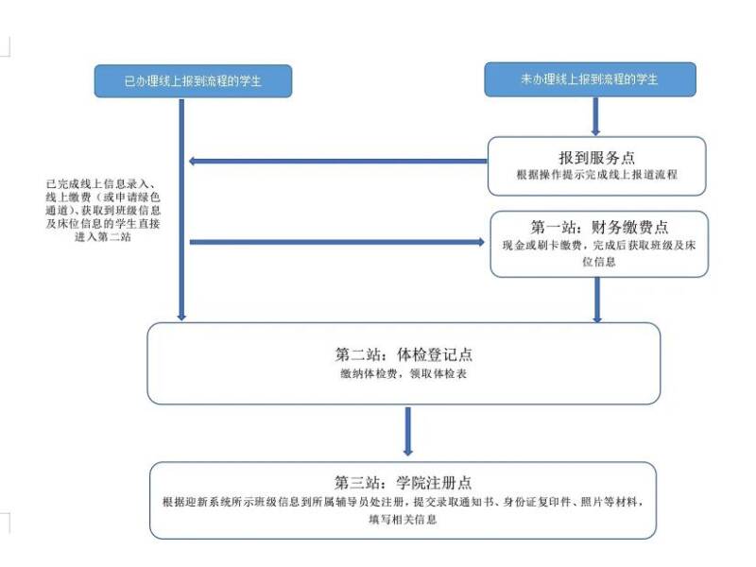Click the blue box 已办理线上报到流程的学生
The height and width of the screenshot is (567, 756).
pos(193,81)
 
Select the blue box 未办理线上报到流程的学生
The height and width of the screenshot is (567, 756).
pos(590,79)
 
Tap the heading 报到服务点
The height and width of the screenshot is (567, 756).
pos(596,157)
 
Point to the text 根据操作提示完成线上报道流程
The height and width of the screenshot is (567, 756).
pos(597,175)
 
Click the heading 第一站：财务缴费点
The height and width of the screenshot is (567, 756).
pos(599,227)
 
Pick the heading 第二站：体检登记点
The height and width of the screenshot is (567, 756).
pos(404,354)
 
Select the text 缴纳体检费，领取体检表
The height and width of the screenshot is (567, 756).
pos(404,373)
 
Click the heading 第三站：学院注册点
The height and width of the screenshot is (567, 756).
pos(404,482)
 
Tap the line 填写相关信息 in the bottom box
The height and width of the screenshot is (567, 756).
pos(404,519)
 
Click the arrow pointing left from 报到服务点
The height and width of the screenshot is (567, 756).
pos(338,161)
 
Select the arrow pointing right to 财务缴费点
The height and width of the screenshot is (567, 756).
pos(337,242)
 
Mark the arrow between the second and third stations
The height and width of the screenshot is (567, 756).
pos(408,431)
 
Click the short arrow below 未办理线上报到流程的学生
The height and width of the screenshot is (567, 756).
pos(595,116)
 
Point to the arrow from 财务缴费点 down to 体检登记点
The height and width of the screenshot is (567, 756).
pos(597,300)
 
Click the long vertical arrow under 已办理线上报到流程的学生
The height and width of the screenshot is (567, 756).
pos(181,210)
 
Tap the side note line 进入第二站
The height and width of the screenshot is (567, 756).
pos(103,237)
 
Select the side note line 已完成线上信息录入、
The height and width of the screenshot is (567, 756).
pos(101,183)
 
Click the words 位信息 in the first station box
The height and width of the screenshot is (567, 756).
pos(599,262)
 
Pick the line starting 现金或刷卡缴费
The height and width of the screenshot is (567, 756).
pos(599,245)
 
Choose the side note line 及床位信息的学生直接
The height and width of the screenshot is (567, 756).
pos(103,223)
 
